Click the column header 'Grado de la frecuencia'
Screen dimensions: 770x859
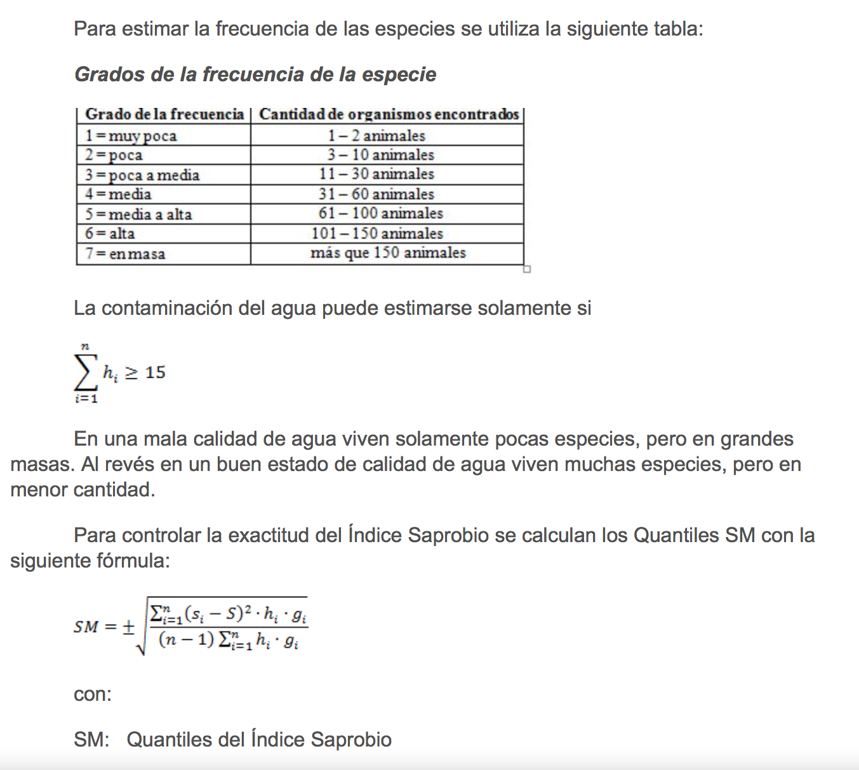point(164,114)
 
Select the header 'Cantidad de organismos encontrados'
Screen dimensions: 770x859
point(389,114)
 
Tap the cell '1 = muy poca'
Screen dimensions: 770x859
point(131,136)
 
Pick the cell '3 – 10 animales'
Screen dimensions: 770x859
point(381,155)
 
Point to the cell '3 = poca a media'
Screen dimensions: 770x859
point(142,175)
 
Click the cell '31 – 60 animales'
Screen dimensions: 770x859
point(376,194)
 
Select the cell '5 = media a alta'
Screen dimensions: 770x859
point(138,215)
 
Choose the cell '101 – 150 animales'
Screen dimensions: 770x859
point(377,234)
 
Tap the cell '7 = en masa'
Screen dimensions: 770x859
point(125,254)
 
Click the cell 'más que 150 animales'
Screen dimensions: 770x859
point(388,253)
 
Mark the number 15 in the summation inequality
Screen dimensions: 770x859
point(155,373)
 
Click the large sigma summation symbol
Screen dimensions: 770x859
point(85,373)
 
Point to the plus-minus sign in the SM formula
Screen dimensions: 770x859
point(128,627)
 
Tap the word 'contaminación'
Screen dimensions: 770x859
point(167,309)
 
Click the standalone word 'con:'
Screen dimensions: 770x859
point(93,694)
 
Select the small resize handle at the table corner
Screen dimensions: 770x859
point(526,269)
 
